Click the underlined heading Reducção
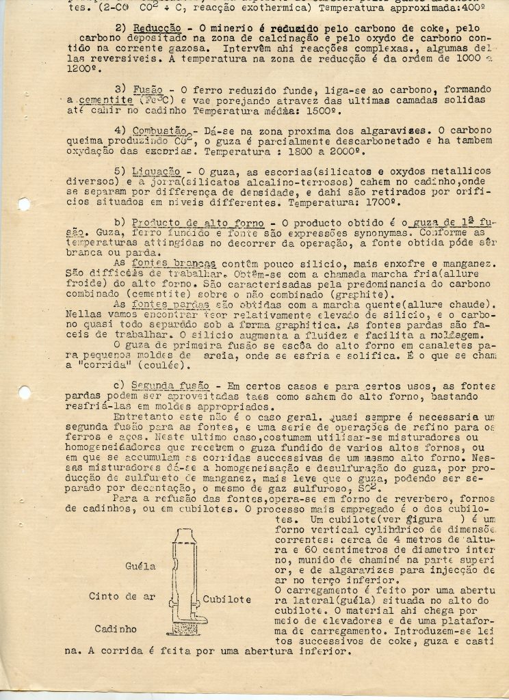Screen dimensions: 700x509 (x=156, y=27)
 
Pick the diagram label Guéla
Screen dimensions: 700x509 (x=140, y=567)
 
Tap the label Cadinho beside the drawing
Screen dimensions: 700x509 (x=115, y=628)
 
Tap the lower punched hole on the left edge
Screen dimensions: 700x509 (x=24, y=393)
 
